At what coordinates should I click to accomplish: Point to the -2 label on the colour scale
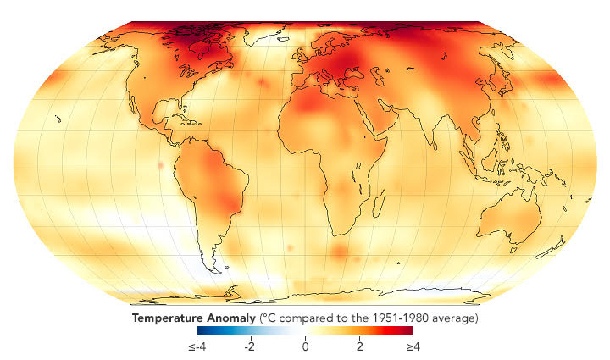pyautogui.click(x=249, y=347)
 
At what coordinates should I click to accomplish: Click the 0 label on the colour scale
pyautogui.click(x=306, y=347)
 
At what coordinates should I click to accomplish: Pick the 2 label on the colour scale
pyautogui.click(x=359, y=347)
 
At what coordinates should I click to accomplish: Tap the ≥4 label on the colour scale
pyautogui.click(x=413, y=347)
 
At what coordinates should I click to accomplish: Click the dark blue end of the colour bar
pyautogui.click(x=200, y=332)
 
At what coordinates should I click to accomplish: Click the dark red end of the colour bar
pyautogui.click(x=410, y=332)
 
